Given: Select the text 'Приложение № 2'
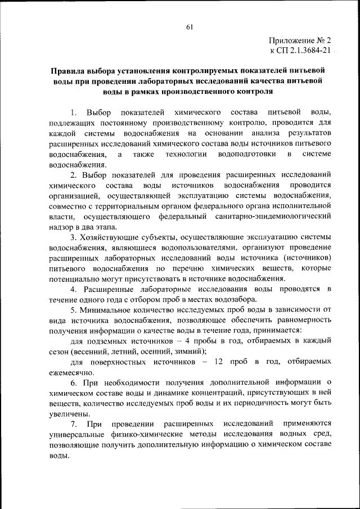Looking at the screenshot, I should pos(301,40).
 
